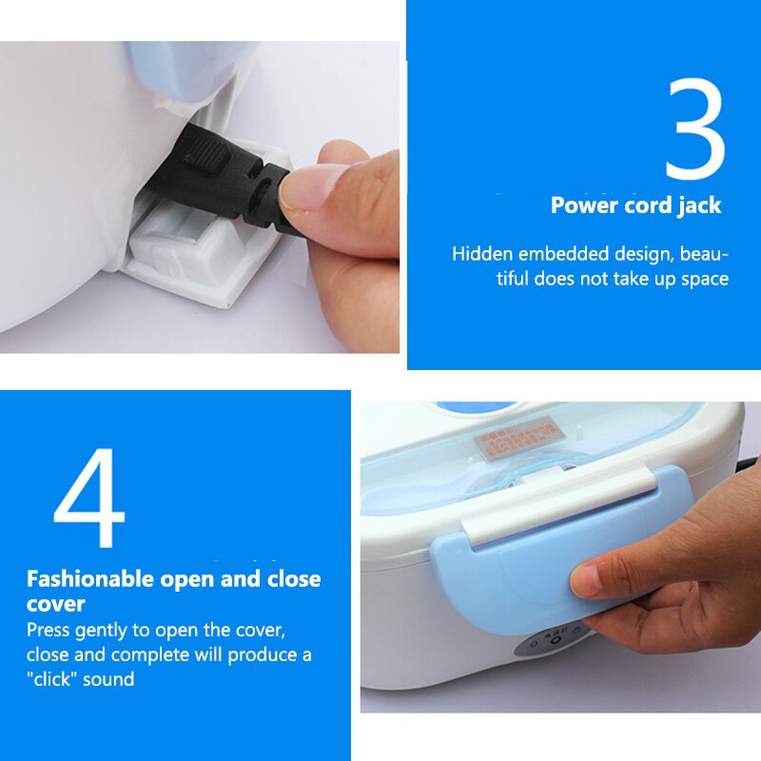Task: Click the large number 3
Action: (x=694, y=130)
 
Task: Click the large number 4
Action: (x=88, y=499)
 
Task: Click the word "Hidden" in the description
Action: (x=481, y=255)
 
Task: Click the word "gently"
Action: (x=101, y=631)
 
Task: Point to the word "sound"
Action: (x=110, y=679)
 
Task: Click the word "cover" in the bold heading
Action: (x=56, y=604)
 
